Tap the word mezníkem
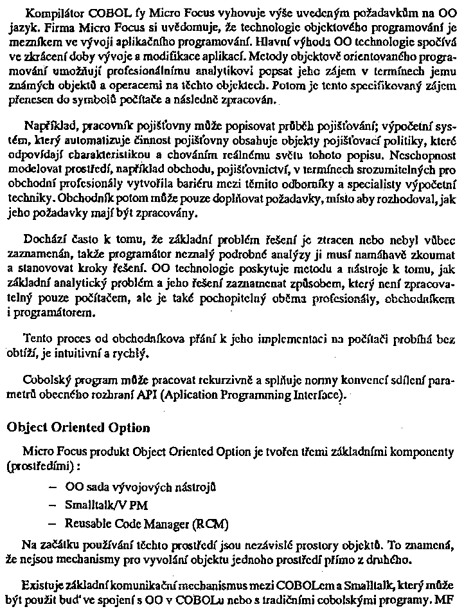(26, 42)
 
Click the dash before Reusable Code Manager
(52, 523)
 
